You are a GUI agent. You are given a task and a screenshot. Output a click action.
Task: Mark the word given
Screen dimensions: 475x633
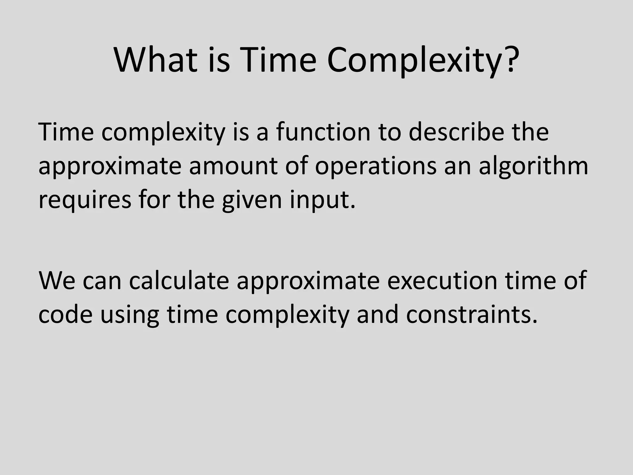click(x=252, y=200)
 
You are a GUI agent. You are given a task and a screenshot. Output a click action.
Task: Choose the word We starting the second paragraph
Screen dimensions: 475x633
click(x=57, y=281)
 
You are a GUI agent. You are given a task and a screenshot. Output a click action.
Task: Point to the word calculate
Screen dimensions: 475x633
click(x=179, y=281)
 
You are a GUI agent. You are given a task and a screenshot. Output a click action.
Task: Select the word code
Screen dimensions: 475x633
click(x=65, y=315)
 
